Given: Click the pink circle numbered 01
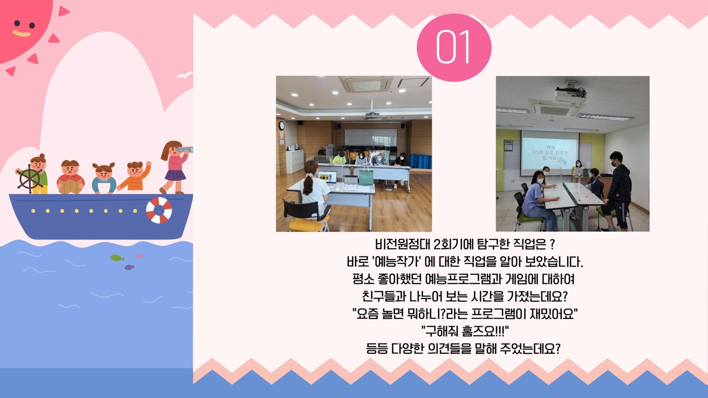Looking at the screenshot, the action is [454, 47].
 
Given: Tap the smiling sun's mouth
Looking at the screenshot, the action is [22, 33].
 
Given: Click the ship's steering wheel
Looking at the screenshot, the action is [29, 179].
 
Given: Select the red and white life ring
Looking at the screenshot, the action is [159, 210].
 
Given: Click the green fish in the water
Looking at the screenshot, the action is [117, 258].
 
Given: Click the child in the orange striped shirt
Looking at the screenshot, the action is [135, 176].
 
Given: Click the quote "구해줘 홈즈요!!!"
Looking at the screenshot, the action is [465, 331].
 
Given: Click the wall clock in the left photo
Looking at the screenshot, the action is [281, 126].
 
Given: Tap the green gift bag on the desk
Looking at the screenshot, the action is [366, 176].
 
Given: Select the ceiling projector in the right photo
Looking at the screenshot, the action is [569, 94].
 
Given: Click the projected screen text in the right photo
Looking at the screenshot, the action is [550, 153].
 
